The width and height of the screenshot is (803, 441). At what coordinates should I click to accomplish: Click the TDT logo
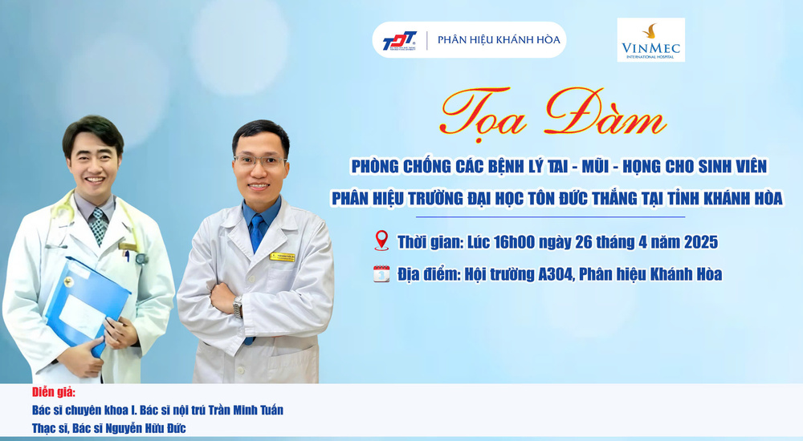pyautogui.click(x=399, y=40)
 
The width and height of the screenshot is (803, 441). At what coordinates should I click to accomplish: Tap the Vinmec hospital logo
pyautogui.click(x=651, y=40)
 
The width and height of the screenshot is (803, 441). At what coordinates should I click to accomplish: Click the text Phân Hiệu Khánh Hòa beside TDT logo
pyautogui.click(x=499, y=39)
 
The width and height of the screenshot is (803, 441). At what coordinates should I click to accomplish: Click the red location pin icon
pyautogui.click(x=381, y=241)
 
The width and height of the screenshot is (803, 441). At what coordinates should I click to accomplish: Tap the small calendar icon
pyautogui.click(x=381, y=274)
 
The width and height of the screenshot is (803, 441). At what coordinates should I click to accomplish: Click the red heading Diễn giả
pyautogui.click(x=53, y=393)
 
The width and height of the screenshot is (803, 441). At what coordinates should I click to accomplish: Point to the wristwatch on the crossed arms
pyautogui.click(x=237, y=307)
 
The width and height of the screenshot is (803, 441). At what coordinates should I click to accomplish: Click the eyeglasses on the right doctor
pyautogui.click(x=259, y=162)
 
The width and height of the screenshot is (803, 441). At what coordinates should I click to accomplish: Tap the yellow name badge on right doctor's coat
pyautogui.click(x=283, y=257)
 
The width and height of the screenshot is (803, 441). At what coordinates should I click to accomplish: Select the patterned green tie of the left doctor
pyautogui.click(x=98, y=225)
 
